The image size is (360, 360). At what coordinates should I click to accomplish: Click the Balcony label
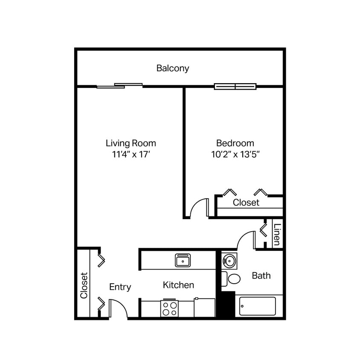point(172,68)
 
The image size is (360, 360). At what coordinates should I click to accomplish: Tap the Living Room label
point(131,143)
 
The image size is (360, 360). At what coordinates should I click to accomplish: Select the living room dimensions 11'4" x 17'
point(131,154)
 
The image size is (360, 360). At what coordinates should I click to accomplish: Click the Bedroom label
point(235,143)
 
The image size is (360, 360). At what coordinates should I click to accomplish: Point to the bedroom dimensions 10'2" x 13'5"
point(235,154)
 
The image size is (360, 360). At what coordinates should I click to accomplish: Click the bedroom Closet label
point(246,203)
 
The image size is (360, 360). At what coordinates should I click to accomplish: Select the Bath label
point(261,276)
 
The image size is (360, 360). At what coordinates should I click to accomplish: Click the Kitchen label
point(178,285)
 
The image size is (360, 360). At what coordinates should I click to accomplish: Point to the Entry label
point(120,287)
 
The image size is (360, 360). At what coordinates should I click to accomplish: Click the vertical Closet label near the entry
point(84,285)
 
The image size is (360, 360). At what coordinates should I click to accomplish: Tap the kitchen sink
point(183,260)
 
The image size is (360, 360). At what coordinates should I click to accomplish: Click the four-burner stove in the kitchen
point(169,308)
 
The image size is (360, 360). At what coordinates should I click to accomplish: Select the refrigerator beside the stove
point(204,308)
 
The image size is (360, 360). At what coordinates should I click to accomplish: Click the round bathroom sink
point(229,260)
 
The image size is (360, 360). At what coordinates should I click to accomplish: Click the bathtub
point(257,306)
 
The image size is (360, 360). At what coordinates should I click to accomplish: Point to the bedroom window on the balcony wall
point(235,87)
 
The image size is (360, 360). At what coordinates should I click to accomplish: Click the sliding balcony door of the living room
point(119,86)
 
